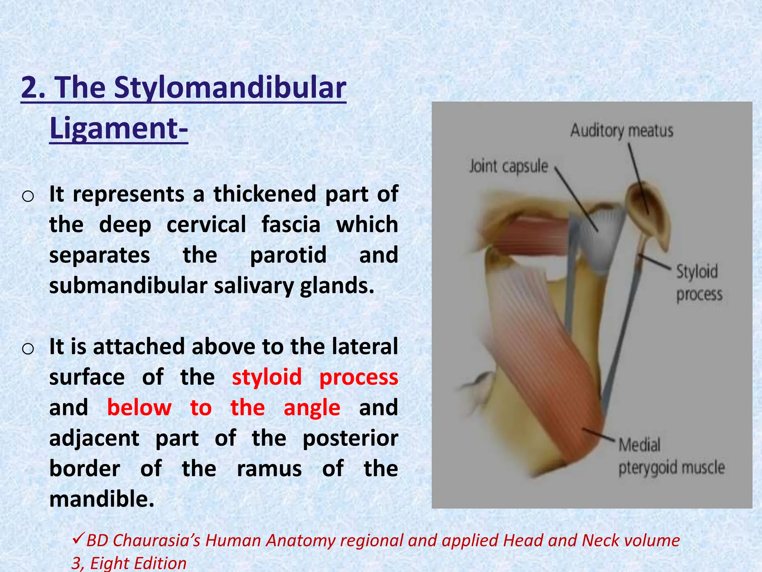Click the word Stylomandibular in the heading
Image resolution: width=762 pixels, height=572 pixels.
point(230,88)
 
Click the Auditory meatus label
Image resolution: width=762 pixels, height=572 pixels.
point(622,131)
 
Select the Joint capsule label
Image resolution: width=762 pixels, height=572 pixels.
point(509,166)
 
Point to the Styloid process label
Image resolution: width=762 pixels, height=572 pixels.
point(698,283)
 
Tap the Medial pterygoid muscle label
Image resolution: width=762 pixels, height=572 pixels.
point(671,457)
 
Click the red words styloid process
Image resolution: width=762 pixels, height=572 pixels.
point(315,377)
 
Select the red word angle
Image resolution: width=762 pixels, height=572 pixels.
point(312,408)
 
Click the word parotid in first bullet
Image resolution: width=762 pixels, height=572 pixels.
point(288,255)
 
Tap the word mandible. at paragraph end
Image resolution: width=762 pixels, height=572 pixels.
point(102,499)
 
